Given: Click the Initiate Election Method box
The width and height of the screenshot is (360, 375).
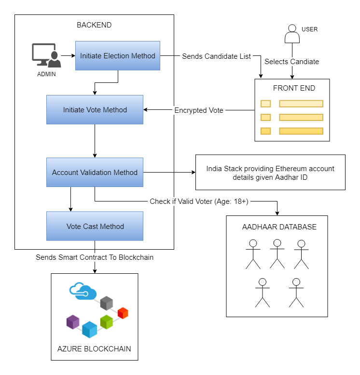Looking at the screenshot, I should point(117,56).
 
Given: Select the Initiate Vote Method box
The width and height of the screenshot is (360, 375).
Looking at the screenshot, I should point(95,110).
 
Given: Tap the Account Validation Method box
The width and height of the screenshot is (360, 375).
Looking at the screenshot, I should point(95,173).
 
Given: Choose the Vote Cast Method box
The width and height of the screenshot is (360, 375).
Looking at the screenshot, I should point(95,227).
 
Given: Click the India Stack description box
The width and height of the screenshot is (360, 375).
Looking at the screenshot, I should point(270,173).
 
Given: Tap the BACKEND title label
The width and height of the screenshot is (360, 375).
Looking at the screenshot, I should point(94,25).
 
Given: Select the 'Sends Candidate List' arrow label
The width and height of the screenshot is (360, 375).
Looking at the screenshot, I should point(216,56).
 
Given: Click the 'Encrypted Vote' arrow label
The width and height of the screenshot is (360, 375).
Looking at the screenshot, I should point(198,110).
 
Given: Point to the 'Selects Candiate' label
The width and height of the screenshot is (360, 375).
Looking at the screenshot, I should point(291,62).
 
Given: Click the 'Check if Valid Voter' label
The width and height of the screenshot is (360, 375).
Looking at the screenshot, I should point(199,201).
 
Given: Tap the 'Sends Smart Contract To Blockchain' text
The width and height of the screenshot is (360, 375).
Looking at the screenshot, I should point(95,257).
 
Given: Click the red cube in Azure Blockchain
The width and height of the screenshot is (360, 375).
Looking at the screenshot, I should point(123,313).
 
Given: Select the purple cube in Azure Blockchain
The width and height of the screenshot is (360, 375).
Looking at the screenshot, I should point(73,321).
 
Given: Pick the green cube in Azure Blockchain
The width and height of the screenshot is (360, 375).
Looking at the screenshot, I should point(106,321).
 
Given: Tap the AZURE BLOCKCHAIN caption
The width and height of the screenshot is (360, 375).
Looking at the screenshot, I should point(95,348).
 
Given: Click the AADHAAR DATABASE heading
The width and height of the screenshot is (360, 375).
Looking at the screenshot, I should point(279,227).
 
